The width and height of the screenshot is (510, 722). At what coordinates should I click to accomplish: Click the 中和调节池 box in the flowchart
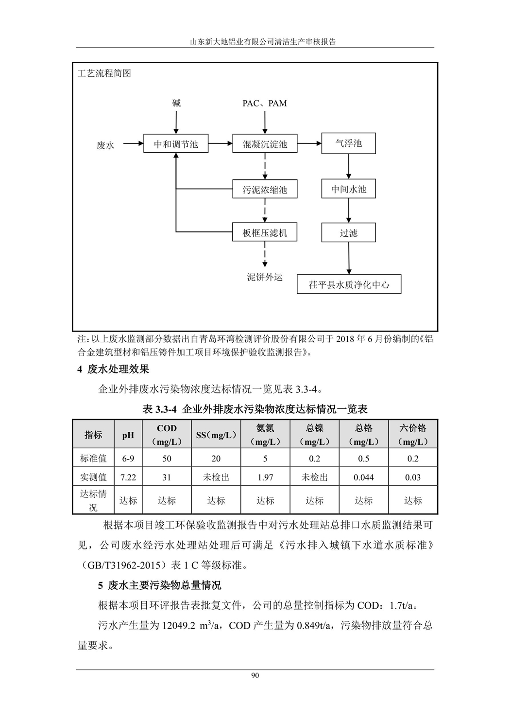(x=176, y=144)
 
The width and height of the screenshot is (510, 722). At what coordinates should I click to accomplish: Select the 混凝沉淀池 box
(x=265, y=144)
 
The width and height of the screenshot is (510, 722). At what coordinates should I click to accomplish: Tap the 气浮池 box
(x=349, y=143)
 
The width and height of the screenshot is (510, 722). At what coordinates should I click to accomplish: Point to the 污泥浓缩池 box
(x=265, y=189)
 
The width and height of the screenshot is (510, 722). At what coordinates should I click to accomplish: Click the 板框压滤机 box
(x=265, y=232)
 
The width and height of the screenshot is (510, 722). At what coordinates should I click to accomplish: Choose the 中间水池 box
(x=349, y=189)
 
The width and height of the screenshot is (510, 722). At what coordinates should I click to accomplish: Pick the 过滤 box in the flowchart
(x=349, y=232)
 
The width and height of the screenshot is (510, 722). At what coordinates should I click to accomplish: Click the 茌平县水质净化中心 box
(x=349, y=284)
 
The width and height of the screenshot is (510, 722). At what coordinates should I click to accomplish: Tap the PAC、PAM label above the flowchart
(x=265, y=103)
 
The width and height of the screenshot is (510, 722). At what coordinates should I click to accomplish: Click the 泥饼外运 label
(x=265, y=277)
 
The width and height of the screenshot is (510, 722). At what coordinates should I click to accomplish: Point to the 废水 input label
(x=105, y=145)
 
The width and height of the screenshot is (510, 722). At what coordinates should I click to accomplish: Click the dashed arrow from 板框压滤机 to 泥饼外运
(x=265, y=254)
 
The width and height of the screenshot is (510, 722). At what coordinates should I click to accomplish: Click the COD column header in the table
(x=167, y=435)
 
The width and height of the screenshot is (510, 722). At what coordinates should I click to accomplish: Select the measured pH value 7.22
(x=128, y=477)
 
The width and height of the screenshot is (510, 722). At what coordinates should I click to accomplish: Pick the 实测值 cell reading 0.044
(x=363, y=477)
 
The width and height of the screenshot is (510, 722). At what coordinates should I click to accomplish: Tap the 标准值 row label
(x=93, y=458)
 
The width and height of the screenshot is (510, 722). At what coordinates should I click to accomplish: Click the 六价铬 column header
(x=413, y=435)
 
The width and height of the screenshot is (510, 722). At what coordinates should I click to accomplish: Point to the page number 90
(x=255, y=676)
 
